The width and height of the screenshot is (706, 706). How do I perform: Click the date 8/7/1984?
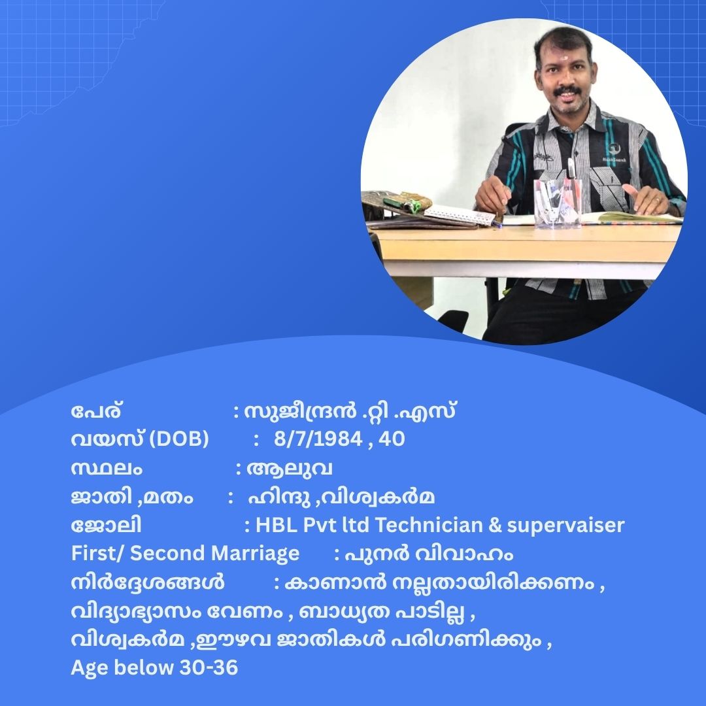click(x=318, y=439)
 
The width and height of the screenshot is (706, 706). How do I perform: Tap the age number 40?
click(x=392, y=439)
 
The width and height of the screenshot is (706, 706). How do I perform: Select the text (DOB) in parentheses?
click(x=178, y=439)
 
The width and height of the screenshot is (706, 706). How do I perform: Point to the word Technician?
click(x=428, y=525)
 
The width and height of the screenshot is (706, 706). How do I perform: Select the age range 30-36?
click(x=209, y=667)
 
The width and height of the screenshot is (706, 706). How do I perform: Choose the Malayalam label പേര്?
click(x=96, y=411)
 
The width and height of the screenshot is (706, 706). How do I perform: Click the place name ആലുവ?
click(x=290, y=469)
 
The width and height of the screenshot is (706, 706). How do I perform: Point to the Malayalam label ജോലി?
click(x=107, y=526)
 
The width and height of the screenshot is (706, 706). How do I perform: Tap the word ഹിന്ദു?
click(x=279, y=497)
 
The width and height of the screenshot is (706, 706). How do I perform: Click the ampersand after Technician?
click(x=494, y=526)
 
